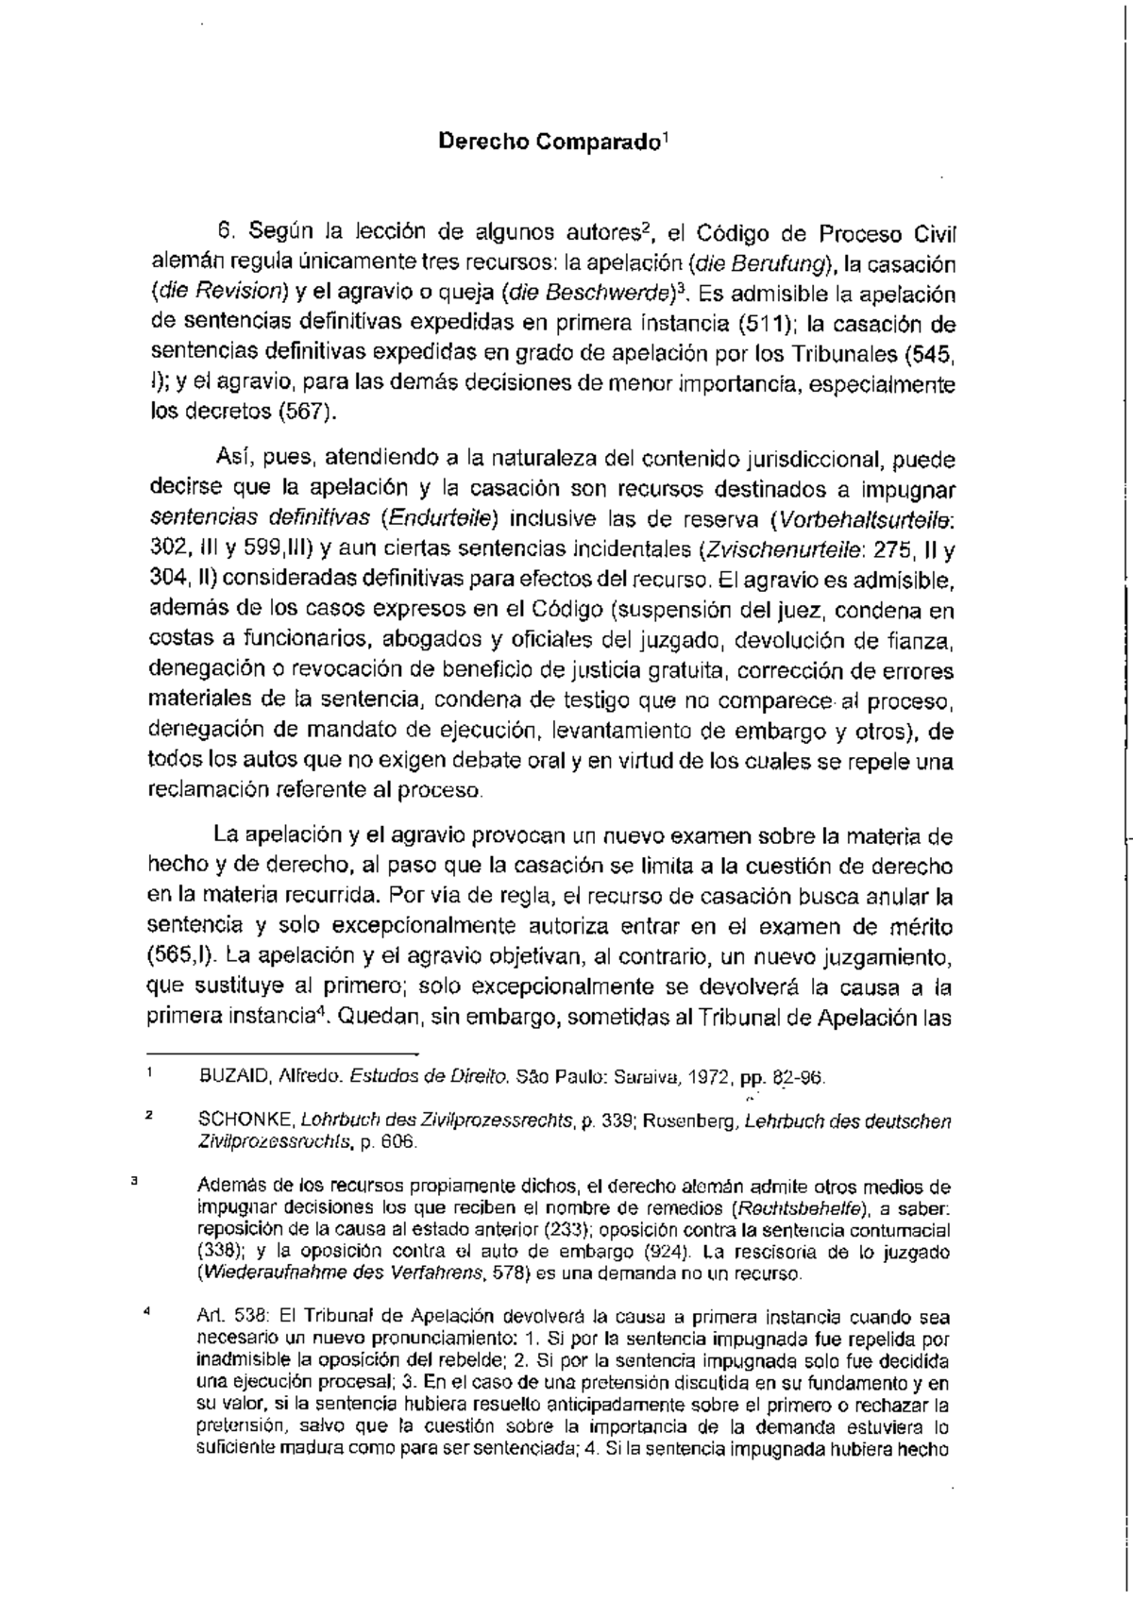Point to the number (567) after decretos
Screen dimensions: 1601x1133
click(x=307, y=414)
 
